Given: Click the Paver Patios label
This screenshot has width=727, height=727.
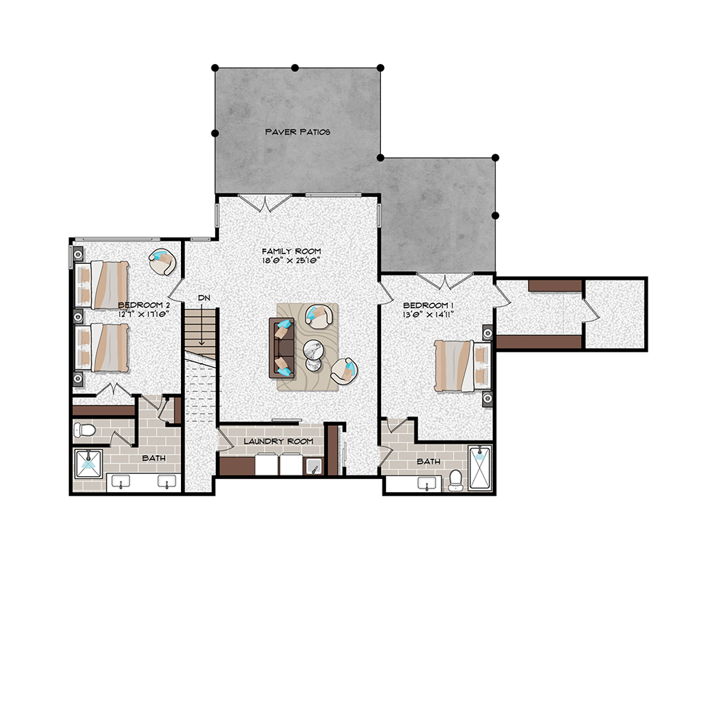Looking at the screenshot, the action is (297, 132).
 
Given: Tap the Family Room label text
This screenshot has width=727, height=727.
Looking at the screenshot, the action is (292, 252).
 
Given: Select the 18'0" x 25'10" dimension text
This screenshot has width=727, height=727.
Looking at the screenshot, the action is (292, 260).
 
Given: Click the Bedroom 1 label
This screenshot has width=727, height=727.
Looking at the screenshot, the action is (428, 305).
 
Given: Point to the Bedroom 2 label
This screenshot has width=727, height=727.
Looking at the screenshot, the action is (144, 305).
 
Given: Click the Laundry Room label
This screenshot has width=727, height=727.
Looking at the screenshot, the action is (278, 441).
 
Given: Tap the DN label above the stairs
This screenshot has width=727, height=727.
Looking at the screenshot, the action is (204, 297).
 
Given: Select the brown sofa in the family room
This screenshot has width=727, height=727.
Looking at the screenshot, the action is (282, 348).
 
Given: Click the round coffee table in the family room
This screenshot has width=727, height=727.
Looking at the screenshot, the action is (314, 355).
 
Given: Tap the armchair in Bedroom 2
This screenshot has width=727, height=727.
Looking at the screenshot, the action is (162, 262).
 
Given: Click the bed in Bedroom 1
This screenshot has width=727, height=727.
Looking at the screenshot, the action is (462, 366).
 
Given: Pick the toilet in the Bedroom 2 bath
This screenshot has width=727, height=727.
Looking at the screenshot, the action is (84, 430).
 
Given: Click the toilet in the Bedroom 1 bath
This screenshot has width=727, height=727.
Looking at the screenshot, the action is (456, 480).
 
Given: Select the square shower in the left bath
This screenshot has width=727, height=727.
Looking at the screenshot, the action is (88, 464).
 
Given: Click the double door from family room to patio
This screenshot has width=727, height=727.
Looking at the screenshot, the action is (265, 203).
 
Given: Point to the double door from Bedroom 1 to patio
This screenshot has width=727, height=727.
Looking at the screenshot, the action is (445, 281).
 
